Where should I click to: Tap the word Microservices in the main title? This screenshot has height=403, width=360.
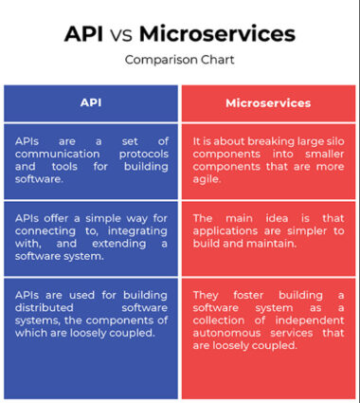point(217,34)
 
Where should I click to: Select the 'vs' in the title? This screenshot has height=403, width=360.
point(123,36)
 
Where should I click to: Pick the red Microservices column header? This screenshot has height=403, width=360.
point(268,101)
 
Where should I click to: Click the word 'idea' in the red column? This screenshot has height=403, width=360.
point(281,217)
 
